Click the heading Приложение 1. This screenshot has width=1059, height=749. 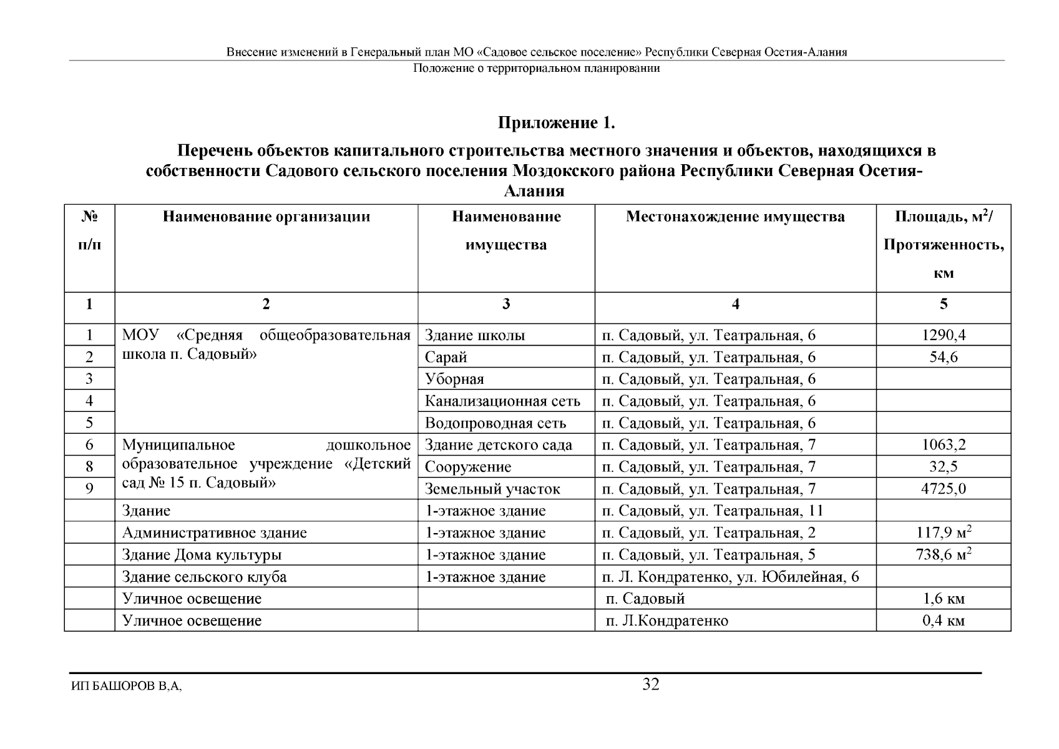pyautogui.click(x=556, y=124)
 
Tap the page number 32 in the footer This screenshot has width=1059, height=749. pyautogui.click(x=651, y=685)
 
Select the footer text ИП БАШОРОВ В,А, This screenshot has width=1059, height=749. pyautogui.click(x=127, y=687)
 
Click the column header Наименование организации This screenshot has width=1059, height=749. pyautogui.click(x=266, y=217)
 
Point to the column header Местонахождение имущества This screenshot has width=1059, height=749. pyautogui.click(x=735, y=217)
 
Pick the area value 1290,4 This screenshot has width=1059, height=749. pyautogui.click(x=944, y=335)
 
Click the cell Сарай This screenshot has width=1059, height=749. pyautogui.click(x=446, y=358)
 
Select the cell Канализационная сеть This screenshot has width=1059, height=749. pyautogui.click(x=502, y=401)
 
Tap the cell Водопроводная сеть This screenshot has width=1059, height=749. pyautogui.click(x=495, y=423)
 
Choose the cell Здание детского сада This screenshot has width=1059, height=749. pyautogui.click(x=498, y=445)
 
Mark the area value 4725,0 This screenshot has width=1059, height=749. pyautogui.click(x=944, y=489)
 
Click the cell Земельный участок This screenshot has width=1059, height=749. pyautogui.click(x=492, y=489)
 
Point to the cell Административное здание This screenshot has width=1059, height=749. pyautogui.click(x=214, y=533)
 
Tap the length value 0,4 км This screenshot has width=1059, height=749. pyautogui.click(x=944, y=621)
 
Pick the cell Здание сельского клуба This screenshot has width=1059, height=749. pyautogui.click(x=204, y=577)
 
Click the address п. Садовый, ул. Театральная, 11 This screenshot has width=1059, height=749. pyautogui.click(x=712, y=511)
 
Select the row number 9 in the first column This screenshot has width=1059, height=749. pyautogui.click(x=89, y=489)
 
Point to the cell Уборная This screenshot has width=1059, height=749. pyautogui.click(x=454, y=379)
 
